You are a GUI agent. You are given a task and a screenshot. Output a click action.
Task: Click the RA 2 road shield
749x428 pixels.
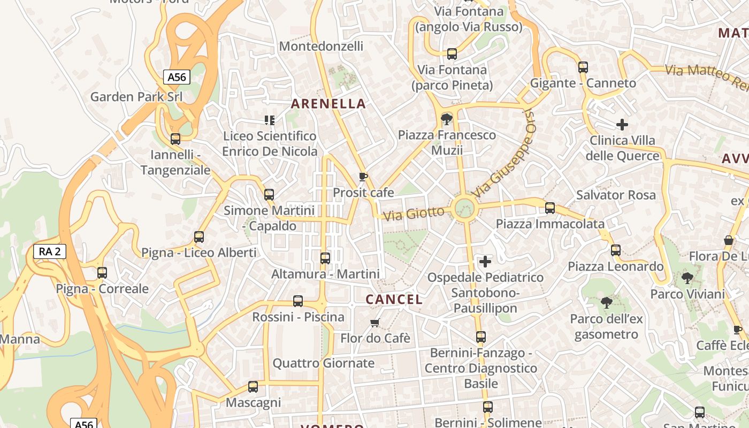point(50,251)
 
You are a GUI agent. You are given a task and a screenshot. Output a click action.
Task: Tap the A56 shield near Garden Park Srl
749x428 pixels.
point(177,77)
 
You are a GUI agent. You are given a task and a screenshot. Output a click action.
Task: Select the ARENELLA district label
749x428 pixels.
point(328,104)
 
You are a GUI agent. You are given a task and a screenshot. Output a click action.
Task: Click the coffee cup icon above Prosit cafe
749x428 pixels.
point(363,177)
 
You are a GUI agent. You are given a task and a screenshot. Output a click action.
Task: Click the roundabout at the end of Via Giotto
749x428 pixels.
point(464,208)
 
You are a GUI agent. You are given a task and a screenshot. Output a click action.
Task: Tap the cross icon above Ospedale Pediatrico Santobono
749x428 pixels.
point(485,262)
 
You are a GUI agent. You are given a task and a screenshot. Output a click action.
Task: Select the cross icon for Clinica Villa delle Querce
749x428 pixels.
point(622,125)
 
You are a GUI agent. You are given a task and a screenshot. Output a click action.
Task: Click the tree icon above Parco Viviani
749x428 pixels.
point(687,278)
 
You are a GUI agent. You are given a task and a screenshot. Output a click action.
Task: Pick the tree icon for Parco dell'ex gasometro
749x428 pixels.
point(606,303)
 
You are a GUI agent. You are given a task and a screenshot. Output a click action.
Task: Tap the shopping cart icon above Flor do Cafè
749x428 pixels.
point(375,323)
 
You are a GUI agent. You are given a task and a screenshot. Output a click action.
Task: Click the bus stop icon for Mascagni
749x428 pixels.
point(253,386)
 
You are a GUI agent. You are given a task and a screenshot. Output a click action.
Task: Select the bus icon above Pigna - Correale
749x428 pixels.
point(102,273)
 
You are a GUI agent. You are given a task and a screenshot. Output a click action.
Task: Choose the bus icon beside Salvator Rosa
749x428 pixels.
point(549,208)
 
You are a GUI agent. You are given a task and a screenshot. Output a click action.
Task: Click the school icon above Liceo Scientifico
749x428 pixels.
point(270,120)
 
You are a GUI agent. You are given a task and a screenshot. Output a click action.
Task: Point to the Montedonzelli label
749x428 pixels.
point(321,47)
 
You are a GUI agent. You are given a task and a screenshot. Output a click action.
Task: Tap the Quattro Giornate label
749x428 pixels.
point(324,363)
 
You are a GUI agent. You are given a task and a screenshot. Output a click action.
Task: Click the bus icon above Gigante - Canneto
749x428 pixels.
point(583,67)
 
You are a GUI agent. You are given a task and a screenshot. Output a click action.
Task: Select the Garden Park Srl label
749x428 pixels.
point(136,97)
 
